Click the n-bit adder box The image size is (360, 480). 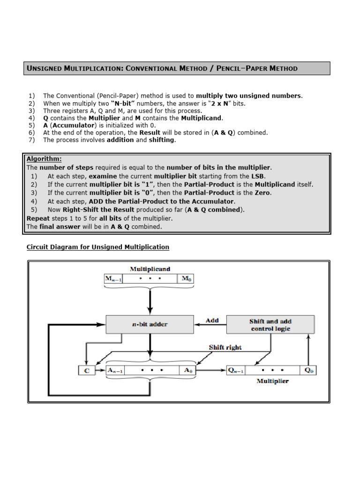(150, 324)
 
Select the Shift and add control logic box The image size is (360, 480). (270, 324)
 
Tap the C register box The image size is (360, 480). (86, 370)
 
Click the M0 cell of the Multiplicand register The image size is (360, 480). (186, 279)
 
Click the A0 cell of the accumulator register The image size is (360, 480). (188, 370)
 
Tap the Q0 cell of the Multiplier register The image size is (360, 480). (308, 370)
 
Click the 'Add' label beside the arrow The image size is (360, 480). (212, 320)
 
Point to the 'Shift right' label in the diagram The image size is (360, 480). (225, 347)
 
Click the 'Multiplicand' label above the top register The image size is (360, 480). (150, 269)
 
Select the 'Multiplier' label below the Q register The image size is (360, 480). (272, 381)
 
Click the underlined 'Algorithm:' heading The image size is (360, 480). (44, 159)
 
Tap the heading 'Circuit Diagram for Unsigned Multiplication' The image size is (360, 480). (97, 247)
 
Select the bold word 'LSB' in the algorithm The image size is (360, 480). (258, 176)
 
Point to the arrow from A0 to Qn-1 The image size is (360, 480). (210, 370)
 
